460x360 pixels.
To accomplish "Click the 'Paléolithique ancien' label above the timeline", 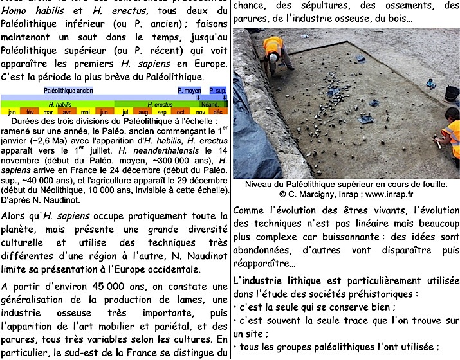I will click(x=68, y=91).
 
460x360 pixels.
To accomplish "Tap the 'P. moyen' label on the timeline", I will click(x=189, y=91).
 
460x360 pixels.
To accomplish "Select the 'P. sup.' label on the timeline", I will click(x=217, y=91).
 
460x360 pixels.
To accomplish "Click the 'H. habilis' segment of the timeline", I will click(x=59, y=104).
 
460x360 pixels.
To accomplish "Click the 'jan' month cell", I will click(x=12, y=111).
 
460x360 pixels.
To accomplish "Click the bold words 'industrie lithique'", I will click(x=280, y=280).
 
